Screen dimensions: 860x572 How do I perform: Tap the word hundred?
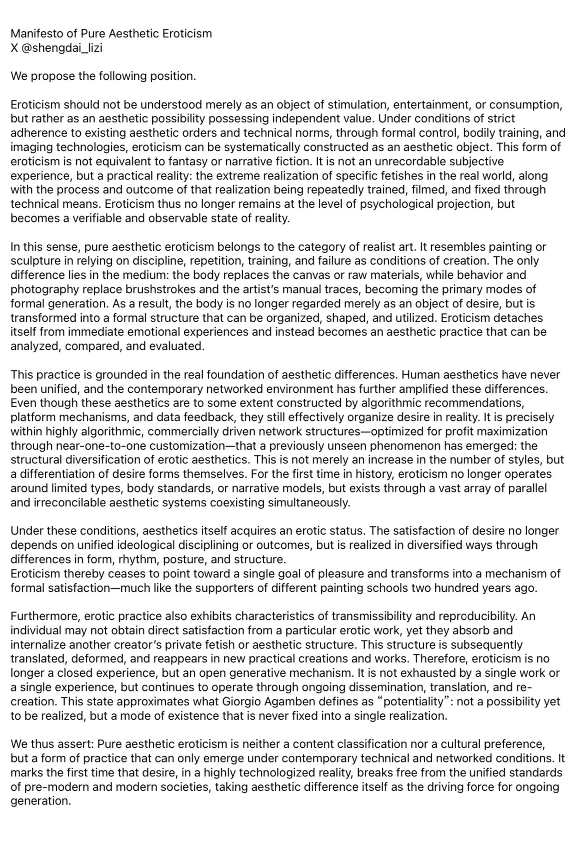click(x=467, y=588)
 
